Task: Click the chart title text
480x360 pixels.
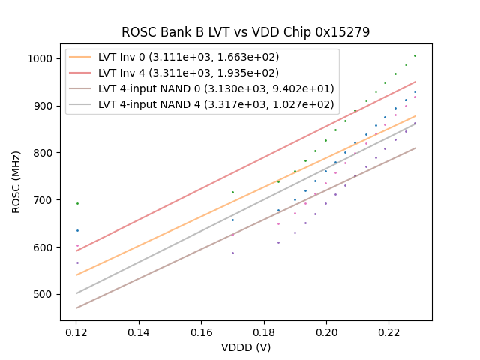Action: (245, 32)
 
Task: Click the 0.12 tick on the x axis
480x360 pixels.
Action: (76, 331)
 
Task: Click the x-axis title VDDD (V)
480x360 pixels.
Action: (245, 347)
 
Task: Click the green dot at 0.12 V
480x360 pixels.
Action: (76, 203)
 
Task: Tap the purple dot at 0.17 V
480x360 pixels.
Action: (232, 253)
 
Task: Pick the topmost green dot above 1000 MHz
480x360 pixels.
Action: (415, 55)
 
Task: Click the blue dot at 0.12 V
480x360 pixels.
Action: (76, 230)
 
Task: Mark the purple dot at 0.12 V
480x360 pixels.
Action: (76, 262)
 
